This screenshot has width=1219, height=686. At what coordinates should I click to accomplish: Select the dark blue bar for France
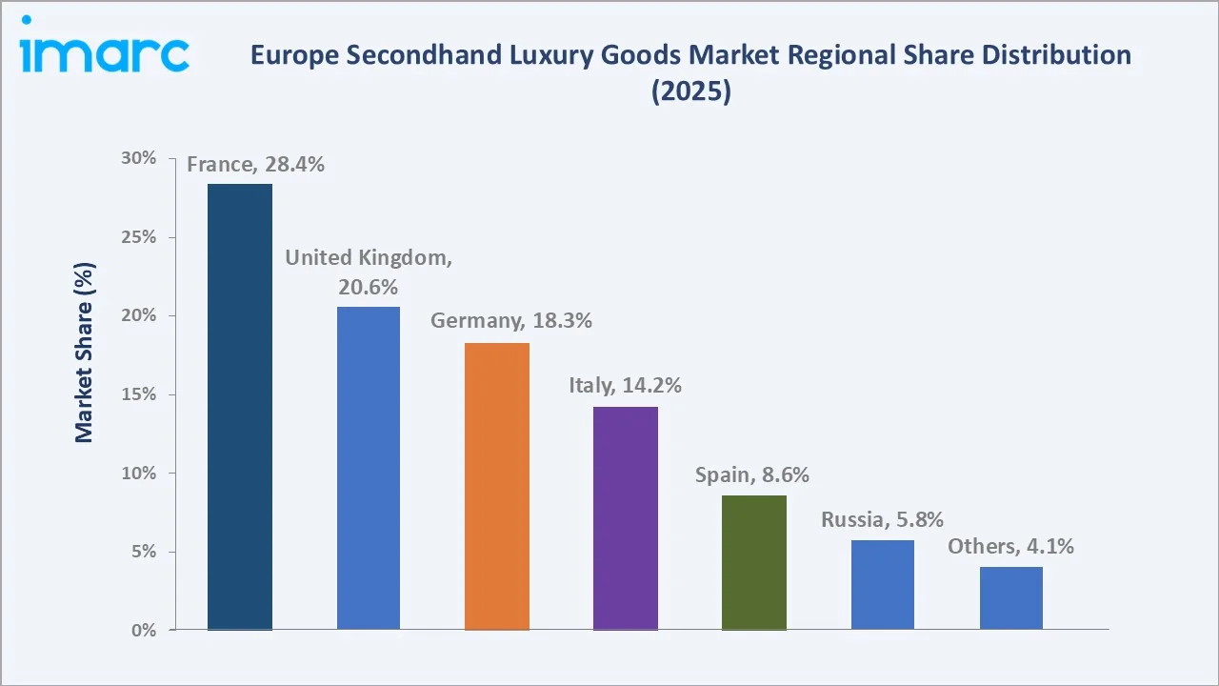(x=240, y=407)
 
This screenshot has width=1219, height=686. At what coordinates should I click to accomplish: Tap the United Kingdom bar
(x=369, y=468)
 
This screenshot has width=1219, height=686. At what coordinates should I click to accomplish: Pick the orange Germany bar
(x=497, y=486)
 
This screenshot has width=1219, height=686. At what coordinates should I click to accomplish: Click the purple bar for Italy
(x=626, y=518)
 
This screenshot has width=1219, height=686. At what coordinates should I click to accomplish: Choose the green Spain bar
(x=754, y=562)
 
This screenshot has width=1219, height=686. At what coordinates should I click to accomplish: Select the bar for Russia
(x=883, y=584)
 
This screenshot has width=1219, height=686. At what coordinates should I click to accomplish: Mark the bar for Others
(x=1011, y=597)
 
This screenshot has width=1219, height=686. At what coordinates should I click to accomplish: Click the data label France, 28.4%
(x=255, y=165)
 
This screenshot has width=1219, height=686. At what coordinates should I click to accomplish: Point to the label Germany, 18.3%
(x=511, y=321)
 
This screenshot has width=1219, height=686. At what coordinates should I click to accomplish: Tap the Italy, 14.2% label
(x=626, y=386)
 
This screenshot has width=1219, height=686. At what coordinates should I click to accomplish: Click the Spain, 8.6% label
(x=752, y=474)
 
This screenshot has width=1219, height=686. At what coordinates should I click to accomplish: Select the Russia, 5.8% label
(x=883, y=520)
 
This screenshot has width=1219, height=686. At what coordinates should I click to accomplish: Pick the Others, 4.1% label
(x=1010, y=547)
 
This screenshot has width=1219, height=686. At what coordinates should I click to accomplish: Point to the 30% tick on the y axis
(x=139, y=158)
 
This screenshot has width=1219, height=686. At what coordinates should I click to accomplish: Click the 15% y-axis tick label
(x=139, y=394)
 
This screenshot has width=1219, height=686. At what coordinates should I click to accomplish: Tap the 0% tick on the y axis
(x=144, y=631)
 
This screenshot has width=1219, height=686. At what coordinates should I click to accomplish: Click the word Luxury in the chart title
(x=549, y=55)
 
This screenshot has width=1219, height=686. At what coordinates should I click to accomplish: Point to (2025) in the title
(x=690, y=92)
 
